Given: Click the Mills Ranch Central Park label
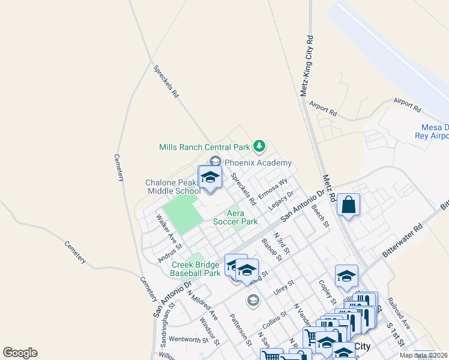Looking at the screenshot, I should pos(204,147).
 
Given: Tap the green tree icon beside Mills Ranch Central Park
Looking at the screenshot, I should pos(259,146).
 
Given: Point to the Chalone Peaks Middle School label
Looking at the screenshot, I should pos(173,187).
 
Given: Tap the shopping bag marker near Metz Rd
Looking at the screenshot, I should pos(348,206).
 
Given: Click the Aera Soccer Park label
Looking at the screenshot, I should pos(235,217).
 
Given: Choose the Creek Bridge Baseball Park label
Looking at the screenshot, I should pos(196,268).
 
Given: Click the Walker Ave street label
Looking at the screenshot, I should pos(165,226).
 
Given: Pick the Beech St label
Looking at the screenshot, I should pos(320,216).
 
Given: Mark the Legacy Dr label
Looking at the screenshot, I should pos(281,200).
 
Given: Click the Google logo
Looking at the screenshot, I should pos(20,353).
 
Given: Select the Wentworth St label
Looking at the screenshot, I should pos(188,340).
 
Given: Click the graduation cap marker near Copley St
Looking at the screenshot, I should pos(346,277).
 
